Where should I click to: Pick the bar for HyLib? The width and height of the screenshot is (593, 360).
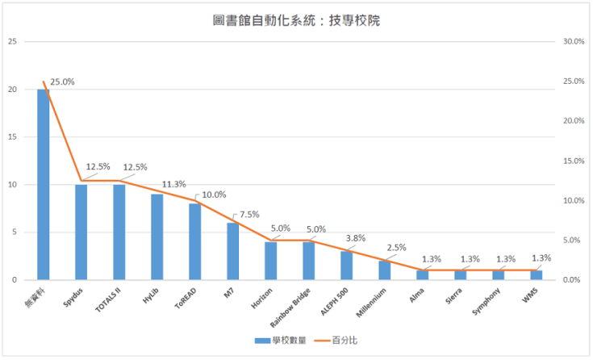(157, 237)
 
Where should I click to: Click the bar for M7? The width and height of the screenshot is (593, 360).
(232, 251)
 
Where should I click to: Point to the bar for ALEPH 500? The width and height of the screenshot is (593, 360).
(346, 266)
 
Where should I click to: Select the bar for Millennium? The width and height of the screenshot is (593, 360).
(384, 270)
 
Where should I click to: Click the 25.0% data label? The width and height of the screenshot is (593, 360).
(62, 82)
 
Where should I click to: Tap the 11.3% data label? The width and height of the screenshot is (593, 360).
(173, 184)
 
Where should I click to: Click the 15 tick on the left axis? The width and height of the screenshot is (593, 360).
(11, 137)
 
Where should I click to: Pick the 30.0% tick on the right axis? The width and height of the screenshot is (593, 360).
(573, 41)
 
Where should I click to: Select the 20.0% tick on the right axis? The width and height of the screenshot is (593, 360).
(573, 121)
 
